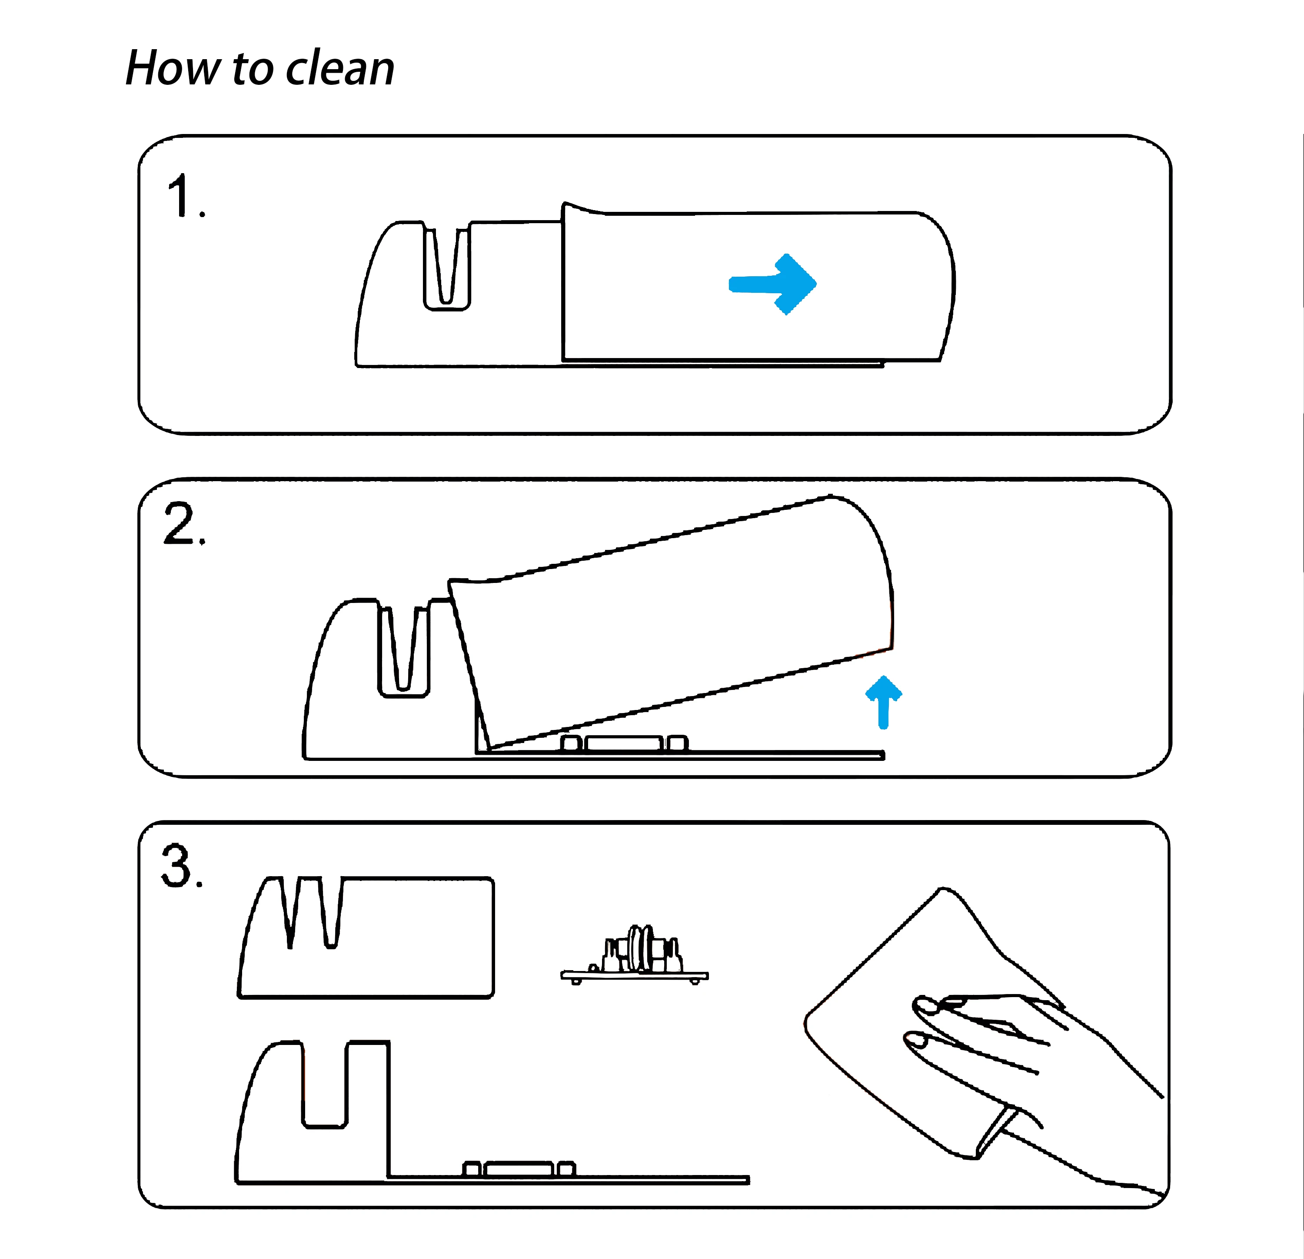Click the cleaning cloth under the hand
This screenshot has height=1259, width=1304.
coord(865,1038)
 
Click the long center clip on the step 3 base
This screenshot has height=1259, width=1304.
coord(519,1169)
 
